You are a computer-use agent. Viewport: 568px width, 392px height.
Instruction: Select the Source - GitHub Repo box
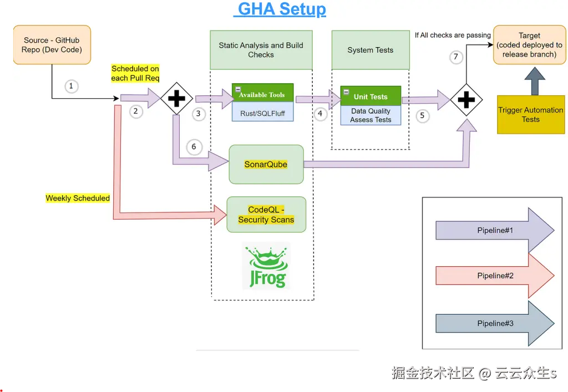pos(52,45)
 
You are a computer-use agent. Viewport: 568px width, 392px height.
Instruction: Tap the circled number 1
pos(70,86)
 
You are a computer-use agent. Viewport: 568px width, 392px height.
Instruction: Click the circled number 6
pos(194,147)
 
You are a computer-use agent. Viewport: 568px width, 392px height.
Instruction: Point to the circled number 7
pos(456,57)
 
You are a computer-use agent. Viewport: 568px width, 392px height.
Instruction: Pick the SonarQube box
pos(266,165)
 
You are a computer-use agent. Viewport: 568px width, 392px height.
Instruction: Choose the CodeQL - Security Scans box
pos(266,215)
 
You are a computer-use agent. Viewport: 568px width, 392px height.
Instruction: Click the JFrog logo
pos(266,267)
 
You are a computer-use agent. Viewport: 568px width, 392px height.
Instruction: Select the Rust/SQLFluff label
pos(262,113)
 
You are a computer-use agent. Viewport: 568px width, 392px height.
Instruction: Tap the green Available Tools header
pos(262,95)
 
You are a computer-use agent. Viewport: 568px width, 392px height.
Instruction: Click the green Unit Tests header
pos(371,96)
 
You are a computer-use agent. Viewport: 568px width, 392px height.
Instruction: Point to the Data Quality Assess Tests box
pos(371,115)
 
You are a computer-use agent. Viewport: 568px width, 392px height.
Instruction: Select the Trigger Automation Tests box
pos(530,114)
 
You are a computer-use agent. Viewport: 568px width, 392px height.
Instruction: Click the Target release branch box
pos(529,45)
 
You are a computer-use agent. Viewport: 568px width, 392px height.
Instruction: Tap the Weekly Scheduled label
pos(78,198)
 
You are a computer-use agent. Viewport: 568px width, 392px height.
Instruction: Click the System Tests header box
pos(370,50)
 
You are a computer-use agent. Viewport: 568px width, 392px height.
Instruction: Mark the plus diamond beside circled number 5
pos(466,100)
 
